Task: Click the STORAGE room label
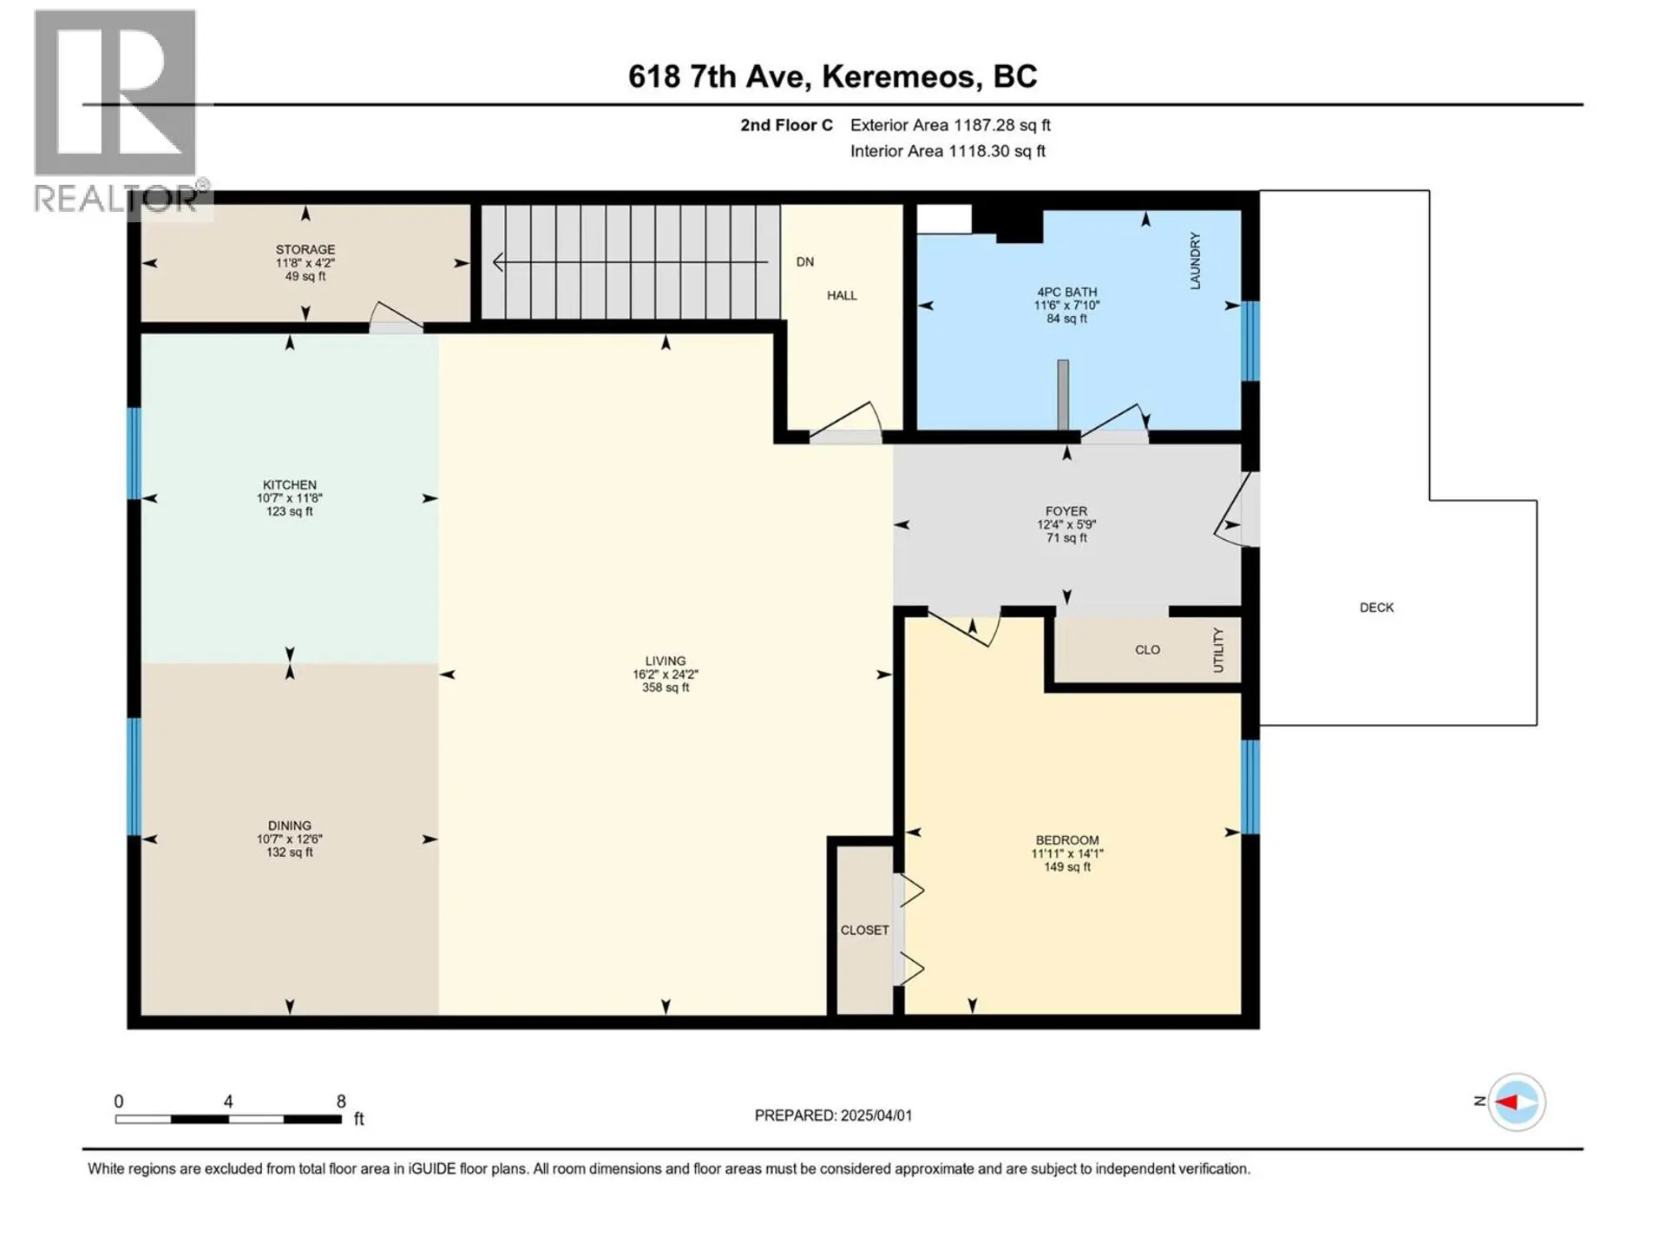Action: [x=305, y=249]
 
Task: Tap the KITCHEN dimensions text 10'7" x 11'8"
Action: [x=289, y=498]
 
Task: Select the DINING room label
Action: [x=289, y=826]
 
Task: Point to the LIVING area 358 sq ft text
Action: [x=665, y=687]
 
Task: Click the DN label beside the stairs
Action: [x=804, y=261]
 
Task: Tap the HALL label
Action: [x=841, y=295]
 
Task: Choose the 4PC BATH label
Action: [x=1066, y=293]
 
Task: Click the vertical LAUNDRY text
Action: [x=1195, y=260]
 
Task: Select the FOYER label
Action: [x=1066, y=511]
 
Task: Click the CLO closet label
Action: [x=1147, y=649]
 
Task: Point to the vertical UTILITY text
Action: [x=1218, y=650]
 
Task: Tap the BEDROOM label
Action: [x=1066, y=840]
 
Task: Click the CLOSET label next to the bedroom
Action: [x=864, y=930]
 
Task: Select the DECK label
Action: [x=1376, y=608]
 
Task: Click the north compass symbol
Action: [x=1516, y=1102]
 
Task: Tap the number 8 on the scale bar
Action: [x=341, y=1101]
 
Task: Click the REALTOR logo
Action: [x=115, y=109]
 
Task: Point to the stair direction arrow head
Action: [x=498, y=261]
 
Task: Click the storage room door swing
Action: [x=395, y=316]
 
